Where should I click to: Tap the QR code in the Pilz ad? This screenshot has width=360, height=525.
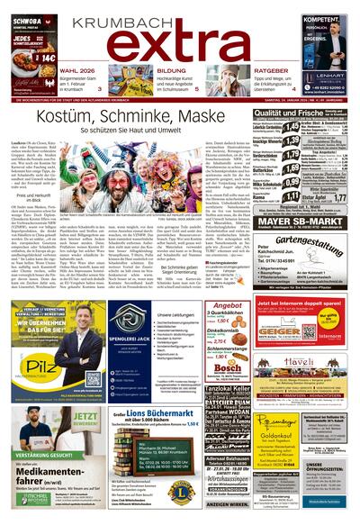(x=89, y=379)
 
